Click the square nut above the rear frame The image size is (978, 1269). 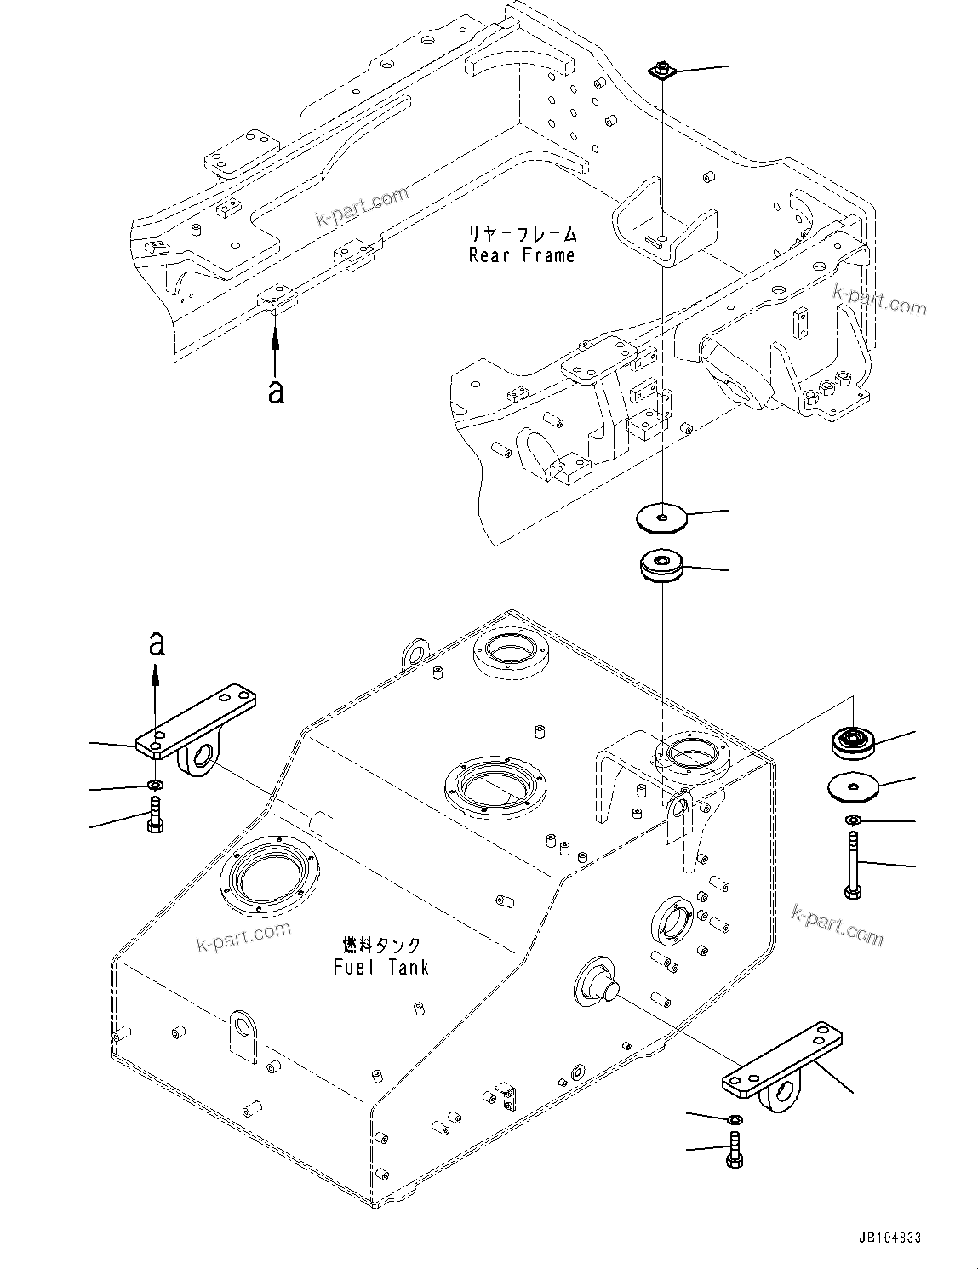point(661,71)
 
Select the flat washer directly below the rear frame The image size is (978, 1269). point(661,517)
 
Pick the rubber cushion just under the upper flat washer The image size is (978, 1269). point(661,567)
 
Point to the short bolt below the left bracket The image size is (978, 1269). point(155,815)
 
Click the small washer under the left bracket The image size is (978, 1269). point(155,783)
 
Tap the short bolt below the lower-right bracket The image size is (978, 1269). point(734,1149)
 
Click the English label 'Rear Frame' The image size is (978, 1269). point(521,254)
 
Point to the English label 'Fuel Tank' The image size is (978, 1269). point(380,967)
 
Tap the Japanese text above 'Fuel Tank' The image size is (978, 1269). point(380,946)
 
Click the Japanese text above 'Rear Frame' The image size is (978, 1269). point(521,233)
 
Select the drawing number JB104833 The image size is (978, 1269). point(884,1238)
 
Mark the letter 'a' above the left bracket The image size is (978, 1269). point(156,643)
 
